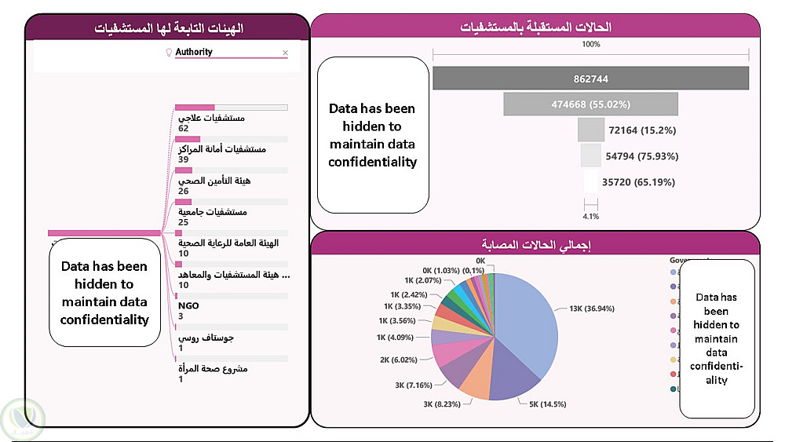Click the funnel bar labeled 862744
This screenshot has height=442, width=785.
tap(590, 79)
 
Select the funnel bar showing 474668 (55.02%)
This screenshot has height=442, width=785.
tap(590, 104)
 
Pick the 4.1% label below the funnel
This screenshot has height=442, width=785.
tap(590, 215)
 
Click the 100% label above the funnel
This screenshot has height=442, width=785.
tap(590, 45)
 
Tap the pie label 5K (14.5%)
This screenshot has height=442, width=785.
tap(543, 404)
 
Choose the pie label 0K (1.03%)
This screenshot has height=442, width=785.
tap(440, 270)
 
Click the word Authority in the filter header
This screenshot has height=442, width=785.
tap(194, 53)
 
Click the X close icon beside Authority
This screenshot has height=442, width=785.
tap(285, 53)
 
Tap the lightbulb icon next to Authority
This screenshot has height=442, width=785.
tap(167, 53)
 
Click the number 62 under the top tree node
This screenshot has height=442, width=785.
tap(184, 128)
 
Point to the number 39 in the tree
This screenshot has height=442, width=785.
tap(184, 159)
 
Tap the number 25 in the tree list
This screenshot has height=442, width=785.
tap(184, 222)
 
